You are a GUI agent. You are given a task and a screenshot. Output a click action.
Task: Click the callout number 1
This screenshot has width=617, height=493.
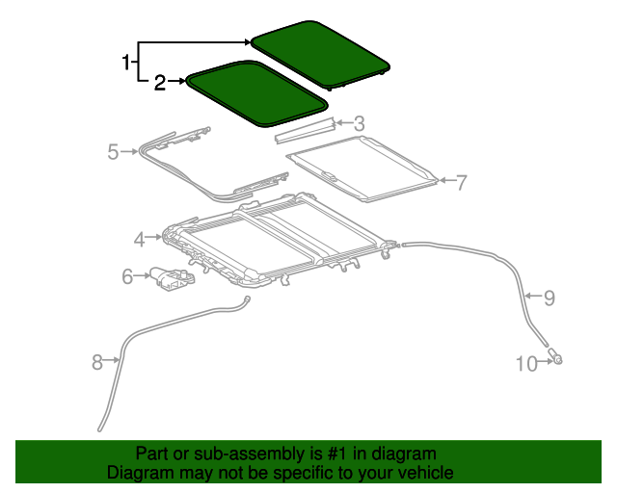point(125,64)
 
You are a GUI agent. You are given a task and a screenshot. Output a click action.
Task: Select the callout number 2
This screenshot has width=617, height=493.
point(160,84)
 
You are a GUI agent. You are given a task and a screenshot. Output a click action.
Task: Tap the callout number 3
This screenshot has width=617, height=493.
point(360,123)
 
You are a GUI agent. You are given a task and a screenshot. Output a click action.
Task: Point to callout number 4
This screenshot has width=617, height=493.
point(140,238)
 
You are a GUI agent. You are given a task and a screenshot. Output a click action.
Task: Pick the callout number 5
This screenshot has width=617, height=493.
point(113,151)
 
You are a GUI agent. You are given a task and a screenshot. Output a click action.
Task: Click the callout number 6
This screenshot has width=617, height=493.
point(126,277)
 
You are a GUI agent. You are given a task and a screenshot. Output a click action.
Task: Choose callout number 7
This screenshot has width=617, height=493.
point(461,181)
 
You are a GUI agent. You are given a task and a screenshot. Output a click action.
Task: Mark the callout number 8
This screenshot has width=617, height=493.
point(96,362)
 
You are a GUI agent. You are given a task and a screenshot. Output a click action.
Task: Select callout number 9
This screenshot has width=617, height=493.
point(550,298)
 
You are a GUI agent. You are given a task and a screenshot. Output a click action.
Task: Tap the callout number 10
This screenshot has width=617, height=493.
point(525,363)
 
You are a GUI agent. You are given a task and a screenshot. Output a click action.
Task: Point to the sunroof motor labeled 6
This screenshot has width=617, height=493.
point(171,278)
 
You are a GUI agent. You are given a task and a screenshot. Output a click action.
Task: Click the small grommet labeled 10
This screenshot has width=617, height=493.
point(557,360)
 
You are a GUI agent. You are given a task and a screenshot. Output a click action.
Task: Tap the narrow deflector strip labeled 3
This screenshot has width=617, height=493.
point(304,131)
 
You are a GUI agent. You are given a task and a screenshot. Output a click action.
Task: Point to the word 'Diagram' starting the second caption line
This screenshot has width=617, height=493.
point(137,473)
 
